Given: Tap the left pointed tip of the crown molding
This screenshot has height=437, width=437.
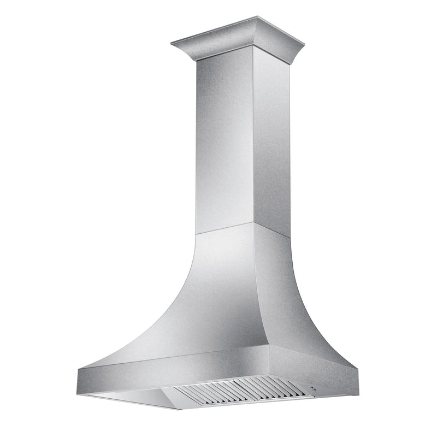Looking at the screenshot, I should (172, 43).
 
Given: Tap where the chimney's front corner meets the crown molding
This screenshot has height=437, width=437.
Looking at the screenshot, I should (253, 54).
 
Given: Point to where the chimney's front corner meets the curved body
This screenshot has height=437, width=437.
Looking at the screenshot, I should (253, 223).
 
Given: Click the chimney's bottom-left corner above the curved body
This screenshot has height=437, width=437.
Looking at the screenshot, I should (196, 234).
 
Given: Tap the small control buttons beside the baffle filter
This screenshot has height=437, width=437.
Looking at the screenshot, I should (311, 389).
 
